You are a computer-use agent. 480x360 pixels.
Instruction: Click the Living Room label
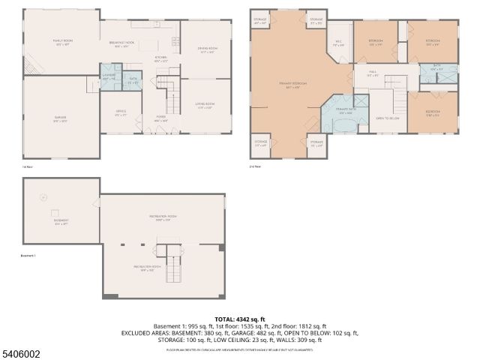point(205,106)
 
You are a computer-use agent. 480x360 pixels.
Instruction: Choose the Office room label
point(119,115)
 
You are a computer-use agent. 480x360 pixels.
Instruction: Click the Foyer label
point(161,118)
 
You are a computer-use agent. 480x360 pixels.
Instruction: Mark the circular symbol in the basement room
point(43,197)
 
